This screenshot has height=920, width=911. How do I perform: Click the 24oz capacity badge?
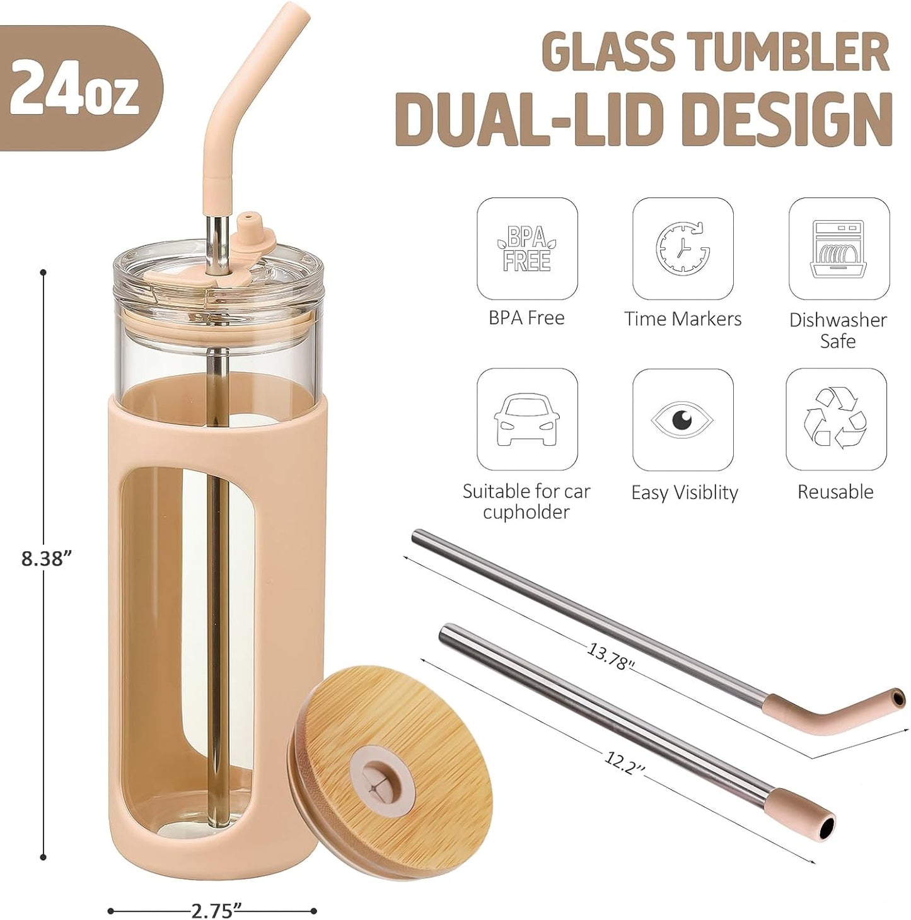point(74,89)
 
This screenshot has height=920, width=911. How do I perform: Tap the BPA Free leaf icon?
point(526,248)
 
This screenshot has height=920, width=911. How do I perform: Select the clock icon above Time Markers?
point(683,248)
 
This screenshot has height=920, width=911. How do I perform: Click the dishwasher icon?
point(838,248)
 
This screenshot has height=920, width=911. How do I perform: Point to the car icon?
point(526,419)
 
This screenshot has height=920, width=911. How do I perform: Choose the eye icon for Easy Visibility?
point(682,419)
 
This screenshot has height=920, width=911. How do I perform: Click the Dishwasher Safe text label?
point(838,330)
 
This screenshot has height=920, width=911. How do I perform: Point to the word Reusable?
point(835,492)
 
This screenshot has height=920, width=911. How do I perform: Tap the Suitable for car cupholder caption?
point(526,501)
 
